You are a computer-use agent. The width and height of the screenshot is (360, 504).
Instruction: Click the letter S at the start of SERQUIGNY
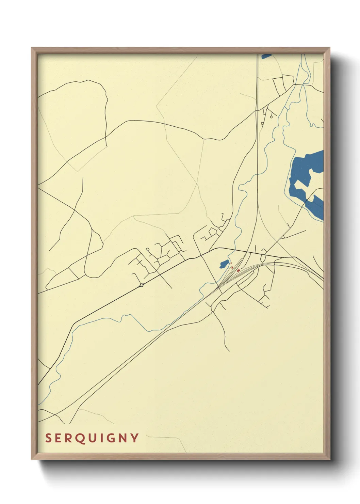pyautogui.click(x=49, y=438)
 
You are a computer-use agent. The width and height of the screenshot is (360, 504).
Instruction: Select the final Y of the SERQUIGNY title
pyautogui.click(x=135, y=438)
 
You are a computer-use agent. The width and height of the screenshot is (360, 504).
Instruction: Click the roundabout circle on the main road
pyautogui.click(x=142, y=285)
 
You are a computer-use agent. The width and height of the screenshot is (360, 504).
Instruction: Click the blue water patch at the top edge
pyautogui.click(x=266, y=56)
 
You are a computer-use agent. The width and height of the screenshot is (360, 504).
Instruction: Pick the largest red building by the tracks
pyautogui.click(x=238, y=270)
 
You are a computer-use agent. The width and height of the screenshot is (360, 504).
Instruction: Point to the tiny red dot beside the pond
pyautogui.click(x=231, y=263)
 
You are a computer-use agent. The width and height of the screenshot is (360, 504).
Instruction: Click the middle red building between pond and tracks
pyautogui.click(x=232, y=267)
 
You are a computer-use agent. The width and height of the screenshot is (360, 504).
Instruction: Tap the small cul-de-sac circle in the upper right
pyautogui.click(x=271, y=117)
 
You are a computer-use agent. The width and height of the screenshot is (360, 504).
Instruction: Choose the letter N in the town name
pyautogui.click(x=123, y=438)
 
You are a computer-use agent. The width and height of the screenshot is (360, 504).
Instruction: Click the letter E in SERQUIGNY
pyautogui.click(x=59, y=438)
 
